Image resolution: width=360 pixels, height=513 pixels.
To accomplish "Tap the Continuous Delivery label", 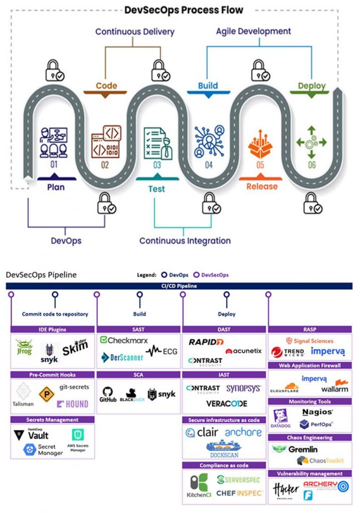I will tap(135, 32).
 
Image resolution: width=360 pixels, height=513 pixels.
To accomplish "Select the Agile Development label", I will tap(253, 31).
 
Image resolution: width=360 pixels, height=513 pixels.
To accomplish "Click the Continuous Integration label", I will tap(185, 240).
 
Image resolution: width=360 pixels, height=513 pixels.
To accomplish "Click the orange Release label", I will tap(262, 186).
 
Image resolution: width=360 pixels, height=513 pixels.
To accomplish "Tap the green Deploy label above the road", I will tap(311, 86).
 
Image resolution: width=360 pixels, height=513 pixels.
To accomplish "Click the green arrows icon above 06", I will tap(311, 143).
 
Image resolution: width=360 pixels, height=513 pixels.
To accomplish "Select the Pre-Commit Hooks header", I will tap(53, 375).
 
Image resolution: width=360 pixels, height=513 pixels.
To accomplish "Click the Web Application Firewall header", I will tap(310, 366).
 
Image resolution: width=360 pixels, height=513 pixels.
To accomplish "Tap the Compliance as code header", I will tap(224, 465).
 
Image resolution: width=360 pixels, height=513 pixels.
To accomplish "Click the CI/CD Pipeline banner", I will tap(180, 286).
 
